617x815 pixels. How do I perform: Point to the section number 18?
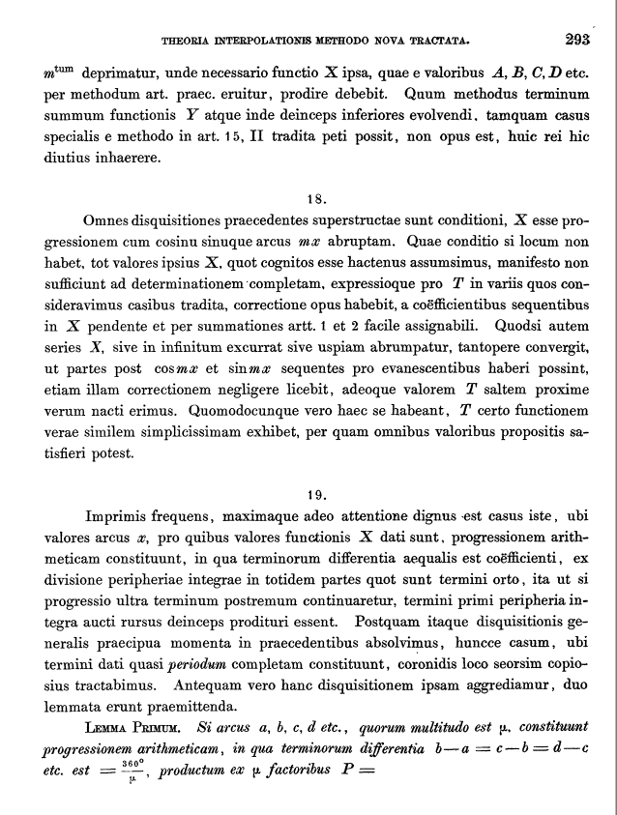tap(316, 199)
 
